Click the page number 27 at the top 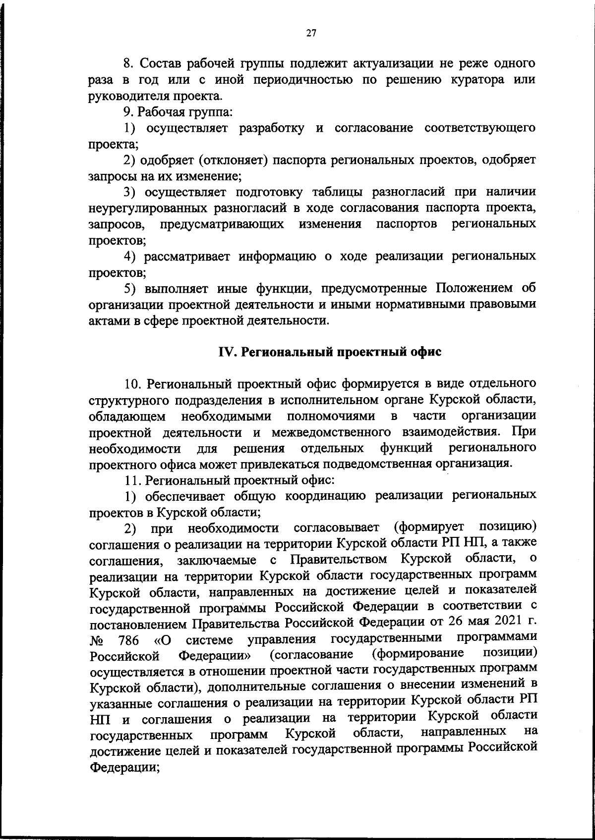[x=311, y=34]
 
